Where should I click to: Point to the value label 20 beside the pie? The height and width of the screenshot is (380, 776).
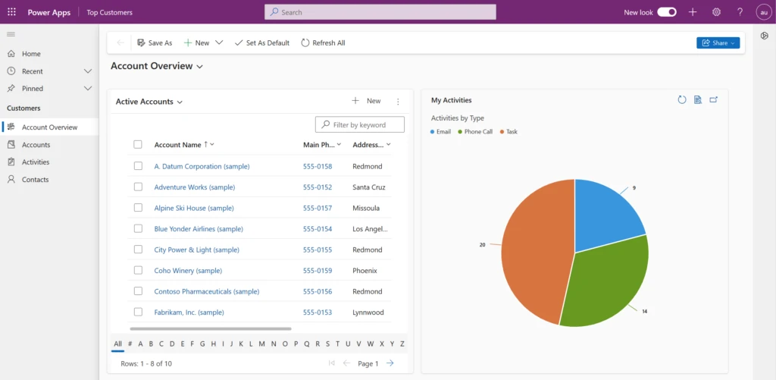click(x=482, y=245)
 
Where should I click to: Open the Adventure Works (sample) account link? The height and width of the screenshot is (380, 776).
click(x=194, y=187)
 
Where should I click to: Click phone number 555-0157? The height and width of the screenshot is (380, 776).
click(x=318, y=208)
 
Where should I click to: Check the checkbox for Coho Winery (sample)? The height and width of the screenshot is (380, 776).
click(x=138, y=270)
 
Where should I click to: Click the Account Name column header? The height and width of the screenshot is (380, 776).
click(x=178, y=145)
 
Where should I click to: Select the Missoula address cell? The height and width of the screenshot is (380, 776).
click(x=366, y=208)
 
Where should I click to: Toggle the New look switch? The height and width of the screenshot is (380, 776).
click(x=667, y=12)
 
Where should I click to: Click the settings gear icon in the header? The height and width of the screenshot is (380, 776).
click(x=716, y=12)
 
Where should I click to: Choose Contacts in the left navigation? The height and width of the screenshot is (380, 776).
click(x=35, y=180)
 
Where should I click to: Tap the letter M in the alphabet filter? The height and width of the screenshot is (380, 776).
click(x=262, y=344)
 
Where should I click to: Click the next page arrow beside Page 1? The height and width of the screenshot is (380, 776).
click(x=390, y=363)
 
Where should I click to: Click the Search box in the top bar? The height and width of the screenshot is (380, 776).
click(x=380, y=12)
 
